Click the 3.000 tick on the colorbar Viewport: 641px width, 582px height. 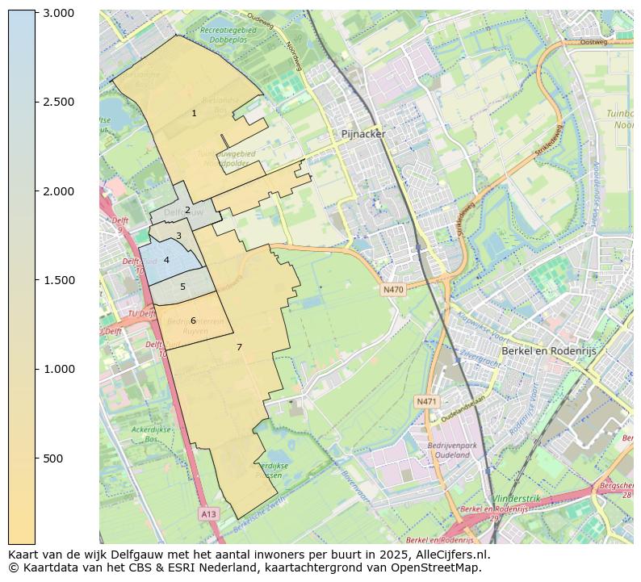click(x=57, y=13)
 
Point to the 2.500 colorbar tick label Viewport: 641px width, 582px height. click(x=57, y=102)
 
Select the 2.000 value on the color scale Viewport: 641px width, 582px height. click(x=57, y=191)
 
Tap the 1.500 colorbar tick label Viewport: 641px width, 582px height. click(x=57, y=280)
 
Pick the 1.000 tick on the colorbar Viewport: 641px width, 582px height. click(x=57, y=369)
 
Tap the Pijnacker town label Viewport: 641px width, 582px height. click(x=363, y=134)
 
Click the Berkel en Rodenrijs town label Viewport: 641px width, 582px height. click(x=549, y=351)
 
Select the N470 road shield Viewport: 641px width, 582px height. click(x=393, y=290)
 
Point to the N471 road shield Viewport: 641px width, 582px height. click(x=426, y=401)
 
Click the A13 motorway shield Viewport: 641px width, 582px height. click(x=208, y=513)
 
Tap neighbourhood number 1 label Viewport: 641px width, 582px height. click(x=194, y=114)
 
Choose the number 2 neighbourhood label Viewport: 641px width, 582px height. click(x=187, y=211)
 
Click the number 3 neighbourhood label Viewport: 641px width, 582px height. click(x=178, y=237)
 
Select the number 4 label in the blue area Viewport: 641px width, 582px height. click(x=166, y=261)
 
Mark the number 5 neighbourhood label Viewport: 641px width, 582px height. click(x=182, y=287)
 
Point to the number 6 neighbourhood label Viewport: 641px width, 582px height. click(x=193, y=320)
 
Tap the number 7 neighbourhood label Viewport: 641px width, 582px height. click(x=239, y=347)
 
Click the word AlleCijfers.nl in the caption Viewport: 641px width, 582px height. click(x=450, y=555)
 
